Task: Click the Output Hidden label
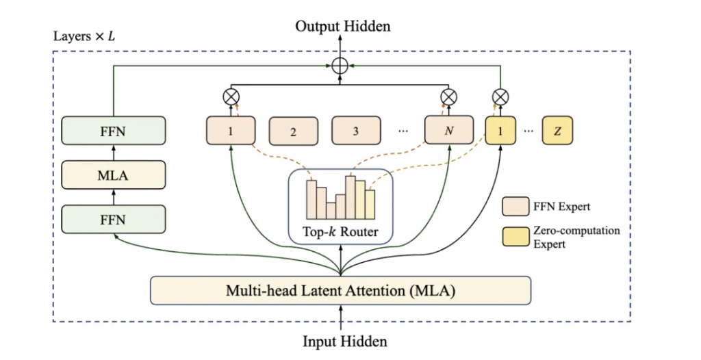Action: tap(342, 27)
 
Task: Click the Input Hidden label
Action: tap(345, 342)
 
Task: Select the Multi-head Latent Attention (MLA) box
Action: tap(340, 291)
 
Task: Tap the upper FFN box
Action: tap(113, 131)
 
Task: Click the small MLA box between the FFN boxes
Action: tap(113, 175)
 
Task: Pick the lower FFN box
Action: tap(113, 219)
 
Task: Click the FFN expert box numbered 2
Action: tap(293, 131)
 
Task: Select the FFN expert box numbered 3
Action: tap(356, 131)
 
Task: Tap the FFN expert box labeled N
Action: tap(449, 130)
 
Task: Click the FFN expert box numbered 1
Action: tap(231, 131)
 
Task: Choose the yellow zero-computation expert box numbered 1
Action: tap(500, 131)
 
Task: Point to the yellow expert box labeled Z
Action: tap(557, 131)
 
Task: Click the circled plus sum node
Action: tap(340, 66)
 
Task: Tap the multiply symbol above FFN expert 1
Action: tap(231, 97)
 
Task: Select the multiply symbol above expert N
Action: tap(448, 97)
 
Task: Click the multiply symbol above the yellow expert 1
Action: tap(500, 97)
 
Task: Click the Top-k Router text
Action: tap(340, 231)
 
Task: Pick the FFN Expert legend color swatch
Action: tap(515, 207)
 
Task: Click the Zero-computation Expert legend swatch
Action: tap(515, 237)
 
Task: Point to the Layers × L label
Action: tap(84, 36)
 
